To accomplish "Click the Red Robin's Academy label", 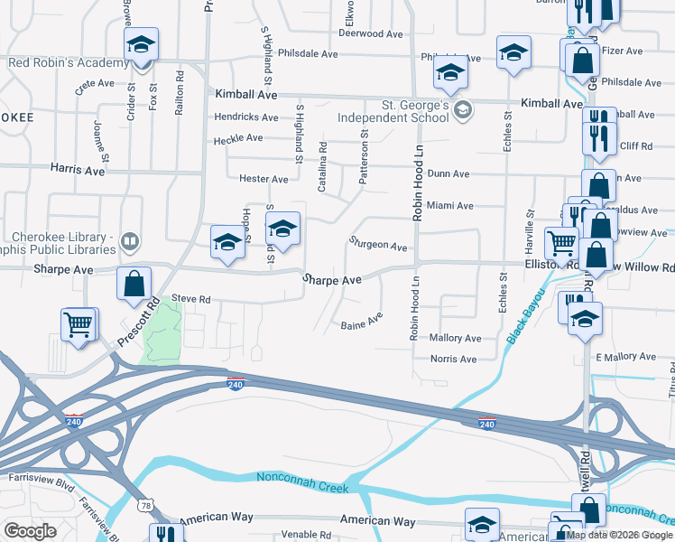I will click(x=68, y=63).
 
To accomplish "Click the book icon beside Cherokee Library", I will click(x=130, y=242).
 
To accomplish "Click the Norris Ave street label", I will click(x=454, y=360).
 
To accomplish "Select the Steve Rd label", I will click(x=190, y=299).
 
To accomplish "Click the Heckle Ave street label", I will click(x=238, y=138).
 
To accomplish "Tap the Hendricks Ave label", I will click(x=246, y=117).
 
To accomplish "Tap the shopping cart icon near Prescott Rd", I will click(x=79, y=323).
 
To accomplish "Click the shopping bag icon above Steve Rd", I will click(x=134, y=284).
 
